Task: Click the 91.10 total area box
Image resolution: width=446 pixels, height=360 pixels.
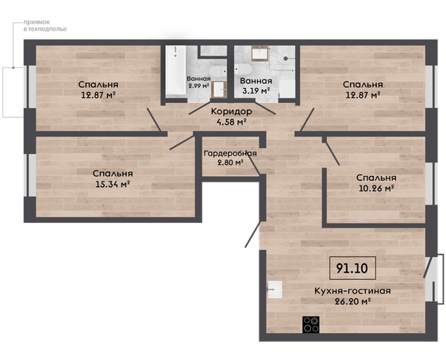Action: point(352,268)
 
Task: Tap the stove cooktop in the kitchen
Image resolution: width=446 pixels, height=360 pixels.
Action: point(310,324)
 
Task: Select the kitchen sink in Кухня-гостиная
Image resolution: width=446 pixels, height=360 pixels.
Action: point(275,289)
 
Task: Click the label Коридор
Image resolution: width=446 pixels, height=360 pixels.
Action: point(231,111)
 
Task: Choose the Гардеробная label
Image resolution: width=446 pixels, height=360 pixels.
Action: point(230,153)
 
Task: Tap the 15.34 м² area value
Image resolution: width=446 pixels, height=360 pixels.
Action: point(113,184)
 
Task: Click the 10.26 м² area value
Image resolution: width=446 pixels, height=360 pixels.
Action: point(376,188)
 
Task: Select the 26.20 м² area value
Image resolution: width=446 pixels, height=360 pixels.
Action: point(352,301)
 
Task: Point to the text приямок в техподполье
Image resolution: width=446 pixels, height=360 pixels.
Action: point(45,25)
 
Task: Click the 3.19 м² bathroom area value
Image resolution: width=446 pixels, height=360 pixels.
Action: point(256,91)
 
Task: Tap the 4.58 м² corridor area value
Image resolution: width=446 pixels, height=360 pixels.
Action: point(231,122)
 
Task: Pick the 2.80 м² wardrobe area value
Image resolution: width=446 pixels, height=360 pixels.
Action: point(229,163)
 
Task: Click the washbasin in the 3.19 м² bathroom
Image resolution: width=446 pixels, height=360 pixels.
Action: point(260,53)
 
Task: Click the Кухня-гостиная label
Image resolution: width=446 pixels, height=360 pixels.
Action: point(352,291)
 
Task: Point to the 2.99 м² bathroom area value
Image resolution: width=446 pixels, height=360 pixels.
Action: point(198,86)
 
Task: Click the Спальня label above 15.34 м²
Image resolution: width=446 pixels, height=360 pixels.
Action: point(113,174)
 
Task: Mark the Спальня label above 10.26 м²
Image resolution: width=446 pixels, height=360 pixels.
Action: point(376,178)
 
